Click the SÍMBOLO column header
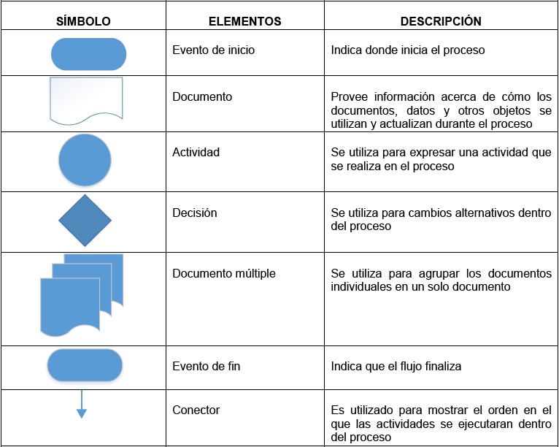(84, 21)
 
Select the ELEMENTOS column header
(244, 21)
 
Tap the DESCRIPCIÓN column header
(441, 21)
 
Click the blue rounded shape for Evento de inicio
(89, 54)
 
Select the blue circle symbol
(85, 160)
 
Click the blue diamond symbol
(85, 221)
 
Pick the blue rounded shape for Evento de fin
(85, 365)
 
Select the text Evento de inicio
(213, 51)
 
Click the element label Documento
(202, 96)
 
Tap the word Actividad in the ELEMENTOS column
(196, 153)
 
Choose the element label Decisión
(195, 213)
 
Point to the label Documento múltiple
(224, 274)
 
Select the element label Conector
(196, 410)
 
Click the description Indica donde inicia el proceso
(407, 51)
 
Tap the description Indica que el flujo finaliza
(396, 366)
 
